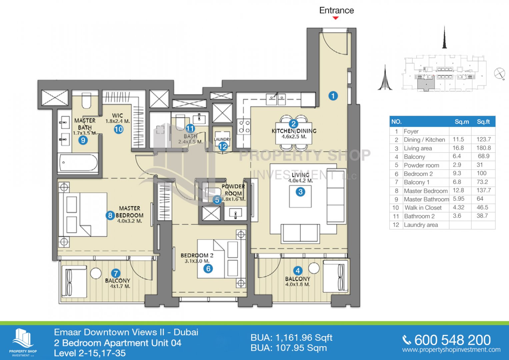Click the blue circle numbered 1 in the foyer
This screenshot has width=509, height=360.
pyautogui.click(x=333, y=96)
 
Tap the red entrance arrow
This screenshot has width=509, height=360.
pyautogui.click(x=336, y=18)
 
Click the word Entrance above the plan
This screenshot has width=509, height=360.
pyautogui.click(x=336, y=10)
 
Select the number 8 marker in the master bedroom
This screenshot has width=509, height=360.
pyautogui.click(x=110, y=215)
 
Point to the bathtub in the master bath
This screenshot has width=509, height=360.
pyautogui.click(x=78, y=163)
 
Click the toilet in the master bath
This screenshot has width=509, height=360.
pyautogui.click(x=86, y=101)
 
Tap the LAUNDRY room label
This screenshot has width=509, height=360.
pyautogui.click(x=222, y=139)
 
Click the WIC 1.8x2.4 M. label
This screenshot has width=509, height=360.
pyautogui.click(x=117, y=118)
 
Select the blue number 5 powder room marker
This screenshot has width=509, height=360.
pyautogui.click(x=217, y=200)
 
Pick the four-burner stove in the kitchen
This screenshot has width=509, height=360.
pyautogui.click(x=244, y=126)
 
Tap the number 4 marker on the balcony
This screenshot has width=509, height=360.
pyautogui.click(x=298, y=271)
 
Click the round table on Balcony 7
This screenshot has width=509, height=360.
pyautogui.click(x=96, y=273)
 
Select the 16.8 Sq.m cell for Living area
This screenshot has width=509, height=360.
pyautogui.click(x=458, y=148)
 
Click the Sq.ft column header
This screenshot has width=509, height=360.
pyautogui.click(x=483, y=122)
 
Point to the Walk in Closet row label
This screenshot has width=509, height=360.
pyautogui.click(x=423, y=208)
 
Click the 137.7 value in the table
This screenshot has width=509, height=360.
pyautogui.click(x=483, y=190)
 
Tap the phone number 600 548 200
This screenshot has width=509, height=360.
pyautogui.click(x=452, y=340)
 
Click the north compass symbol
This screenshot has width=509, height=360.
pyautogui.click(x=499, y=74)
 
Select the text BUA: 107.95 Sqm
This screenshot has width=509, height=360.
pyautogui.click(x=289, y=348)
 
